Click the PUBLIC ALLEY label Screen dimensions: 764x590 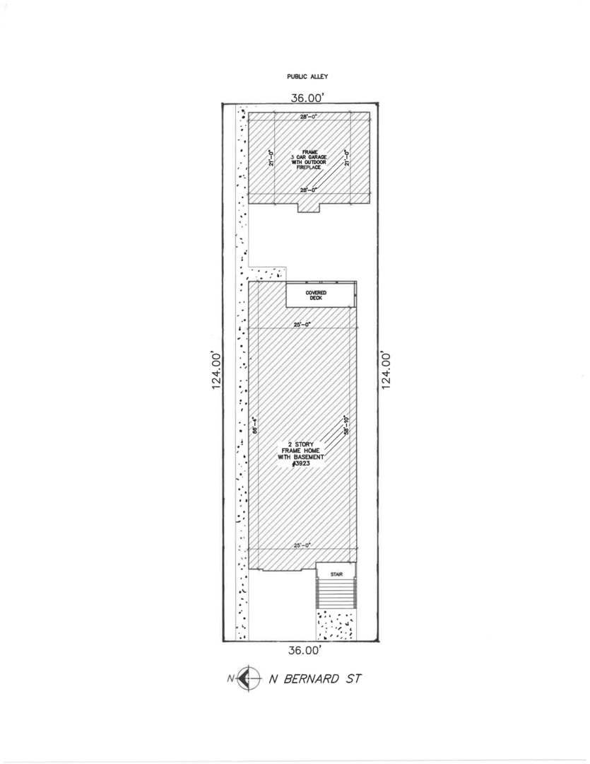pos(307,76)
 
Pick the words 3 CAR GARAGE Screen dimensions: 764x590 pos(308,157)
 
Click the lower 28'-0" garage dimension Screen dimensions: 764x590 pos(307,190)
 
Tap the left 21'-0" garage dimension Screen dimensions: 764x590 pos(271,157)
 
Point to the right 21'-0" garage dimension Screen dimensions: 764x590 pos(346,157)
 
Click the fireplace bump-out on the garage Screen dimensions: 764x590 pos(308,207)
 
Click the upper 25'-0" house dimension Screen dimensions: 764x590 pos(303,325)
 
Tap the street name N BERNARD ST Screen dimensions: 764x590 pos(315,679)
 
